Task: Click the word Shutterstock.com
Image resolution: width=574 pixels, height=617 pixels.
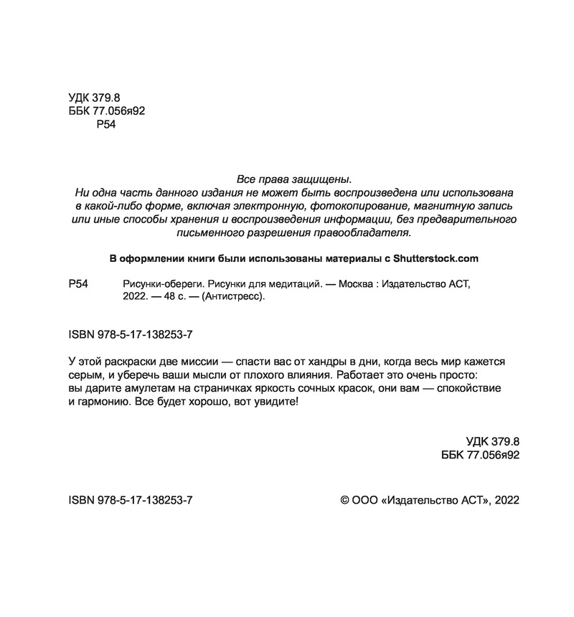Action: (x=432, y=258)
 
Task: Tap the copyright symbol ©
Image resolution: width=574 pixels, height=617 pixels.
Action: (x=344, y=499)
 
